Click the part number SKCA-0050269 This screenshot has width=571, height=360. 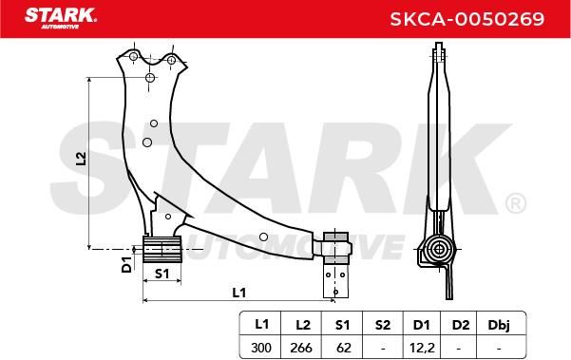coord(467,19)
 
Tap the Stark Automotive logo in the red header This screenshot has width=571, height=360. coord(61,18)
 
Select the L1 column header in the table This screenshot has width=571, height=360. coord(261,324)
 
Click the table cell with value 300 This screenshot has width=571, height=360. coord(261,348)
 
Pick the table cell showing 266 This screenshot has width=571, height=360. coord(301,348)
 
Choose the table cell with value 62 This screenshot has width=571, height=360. coord(343,348)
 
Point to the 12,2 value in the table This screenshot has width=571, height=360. coord(422,348)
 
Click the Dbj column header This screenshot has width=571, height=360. coord(499,324)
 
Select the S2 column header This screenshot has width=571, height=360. coord(383,324)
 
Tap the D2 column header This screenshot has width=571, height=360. coord(461,324)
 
